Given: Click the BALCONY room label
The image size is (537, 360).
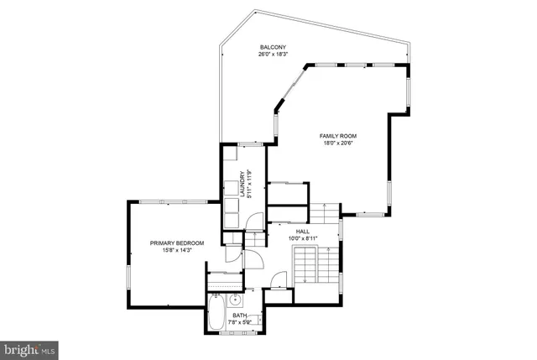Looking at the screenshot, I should [273, 47].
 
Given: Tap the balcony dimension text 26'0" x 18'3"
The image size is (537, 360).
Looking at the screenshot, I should [273, 55].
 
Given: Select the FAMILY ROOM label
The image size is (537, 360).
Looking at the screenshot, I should [338, 135].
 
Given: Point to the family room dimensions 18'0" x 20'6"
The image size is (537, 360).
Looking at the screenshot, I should [338, 143].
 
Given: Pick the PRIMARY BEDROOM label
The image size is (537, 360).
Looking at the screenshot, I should [177, 243].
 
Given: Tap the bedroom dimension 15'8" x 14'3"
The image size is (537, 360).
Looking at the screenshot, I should [177, 250].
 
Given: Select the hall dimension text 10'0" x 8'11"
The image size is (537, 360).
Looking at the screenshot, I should [302, 237].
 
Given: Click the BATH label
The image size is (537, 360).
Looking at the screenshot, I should [239, 315].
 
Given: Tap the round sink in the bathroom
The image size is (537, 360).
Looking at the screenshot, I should [236, 300].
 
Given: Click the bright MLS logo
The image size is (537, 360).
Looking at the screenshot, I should [29, 347].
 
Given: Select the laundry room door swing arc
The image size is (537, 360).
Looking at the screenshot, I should [253, 221].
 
